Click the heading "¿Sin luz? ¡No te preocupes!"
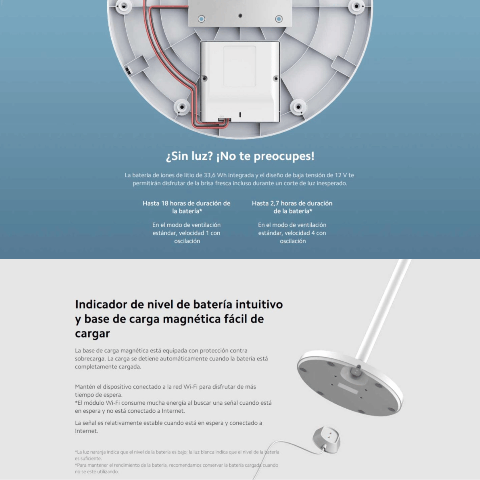pos(240,156)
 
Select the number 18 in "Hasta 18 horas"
pos(165,203)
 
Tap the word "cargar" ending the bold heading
pos(92,334)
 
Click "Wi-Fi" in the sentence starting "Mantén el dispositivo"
pos(190,386)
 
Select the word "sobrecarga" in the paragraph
pos(90,359)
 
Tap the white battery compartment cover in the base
pos(240,82)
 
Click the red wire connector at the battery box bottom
pos(224,120)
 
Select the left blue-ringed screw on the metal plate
pos(201,19)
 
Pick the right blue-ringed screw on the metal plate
pos(279,19)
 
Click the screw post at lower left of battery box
pos(182,107)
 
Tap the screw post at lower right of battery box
pos(298,107)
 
